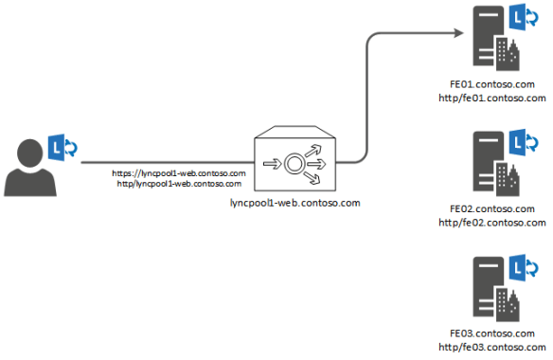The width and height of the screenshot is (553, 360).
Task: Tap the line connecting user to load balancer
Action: click(161, 162)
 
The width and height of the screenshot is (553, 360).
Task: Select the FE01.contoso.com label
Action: click(492, 85)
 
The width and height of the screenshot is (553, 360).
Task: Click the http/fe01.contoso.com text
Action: click(492, 98)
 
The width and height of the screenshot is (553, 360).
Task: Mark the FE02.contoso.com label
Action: click(492, 209)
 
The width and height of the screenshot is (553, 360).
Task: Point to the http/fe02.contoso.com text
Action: click(492, 222)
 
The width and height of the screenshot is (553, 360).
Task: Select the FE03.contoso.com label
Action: click(492, 333)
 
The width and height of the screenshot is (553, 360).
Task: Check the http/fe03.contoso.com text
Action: click(492, 346)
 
